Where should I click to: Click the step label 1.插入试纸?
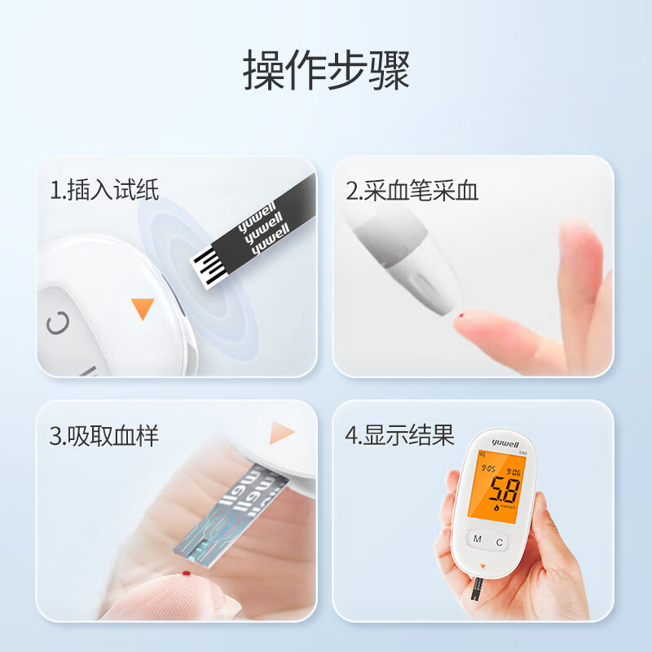(104, 191)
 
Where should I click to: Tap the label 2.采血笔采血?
(412, 191)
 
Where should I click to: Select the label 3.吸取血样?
(104, 435)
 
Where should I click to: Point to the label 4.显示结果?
(399, 435)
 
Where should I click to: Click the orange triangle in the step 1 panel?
(143, 308)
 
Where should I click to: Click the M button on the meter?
(478, 540)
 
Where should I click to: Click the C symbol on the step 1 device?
(57, 324)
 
